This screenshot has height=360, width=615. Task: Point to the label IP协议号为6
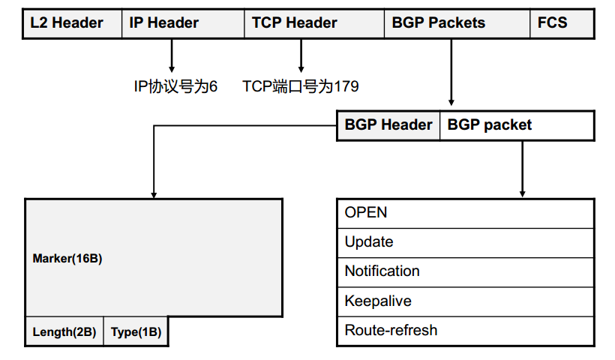click(175, 87)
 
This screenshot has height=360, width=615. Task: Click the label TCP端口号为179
click(300, 87)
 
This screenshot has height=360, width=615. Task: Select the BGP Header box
click(388, 125)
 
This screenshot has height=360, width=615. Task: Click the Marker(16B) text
click(67, 259)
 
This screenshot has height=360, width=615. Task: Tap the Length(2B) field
click(64, 331)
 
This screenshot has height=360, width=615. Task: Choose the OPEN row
click(466, 213)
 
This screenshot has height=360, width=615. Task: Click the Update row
click(466, 242)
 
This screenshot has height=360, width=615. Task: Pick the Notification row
click(466, 271)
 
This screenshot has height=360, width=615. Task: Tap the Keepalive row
click(466, 301)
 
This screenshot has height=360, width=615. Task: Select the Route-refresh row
click(466, 331)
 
